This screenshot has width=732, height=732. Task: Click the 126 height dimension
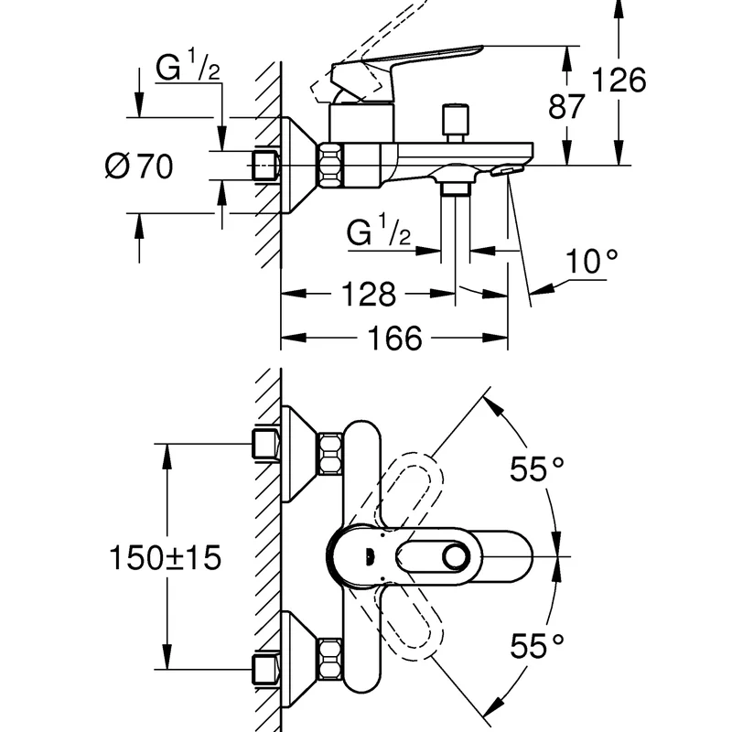tap(619, 80)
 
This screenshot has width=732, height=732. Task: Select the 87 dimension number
tap(566, 106)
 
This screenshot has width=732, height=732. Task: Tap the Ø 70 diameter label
tap(139, 166)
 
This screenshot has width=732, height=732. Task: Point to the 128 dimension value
tap(369, 294)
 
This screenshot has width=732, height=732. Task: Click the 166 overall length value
tap(395, 338)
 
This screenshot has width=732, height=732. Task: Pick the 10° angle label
tap(592, 261)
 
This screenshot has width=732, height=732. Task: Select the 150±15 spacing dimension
tap(165, 557)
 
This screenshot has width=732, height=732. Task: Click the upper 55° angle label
tap(537, 468)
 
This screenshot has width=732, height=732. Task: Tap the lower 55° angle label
tap(537, 646)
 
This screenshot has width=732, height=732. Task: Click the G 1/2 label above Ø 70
tap(188, 65)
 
